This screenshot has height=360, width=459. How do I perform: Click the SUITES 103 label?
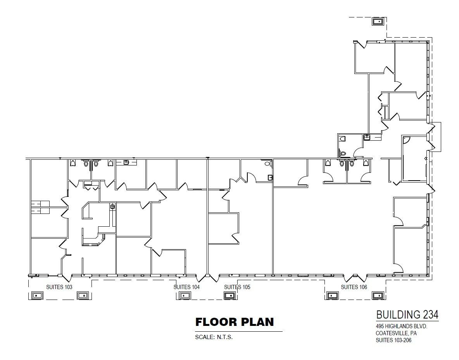59,287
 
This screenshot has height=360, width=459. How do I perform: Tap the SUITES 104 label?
186,287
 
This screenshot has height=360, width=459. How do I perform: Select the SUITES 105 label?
237,287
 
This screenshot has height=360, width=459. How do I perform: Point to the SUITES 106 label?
354,287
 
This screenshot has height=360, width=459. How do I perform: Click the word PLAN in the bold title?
257,322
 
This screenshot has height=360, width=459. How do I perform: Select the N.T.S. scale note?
224,337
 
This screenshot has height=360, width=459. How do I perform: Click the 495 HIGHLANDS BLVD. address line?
401,326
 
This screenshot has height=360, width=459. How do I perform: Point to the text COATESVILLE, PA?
396,333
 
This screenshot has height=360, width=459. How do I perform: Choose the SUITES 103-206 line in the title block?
393,340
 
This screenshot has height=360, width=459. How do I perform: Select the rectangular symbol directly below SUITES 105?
230,296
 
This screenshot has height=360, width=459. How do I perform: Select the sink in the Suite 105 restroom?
270,177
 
